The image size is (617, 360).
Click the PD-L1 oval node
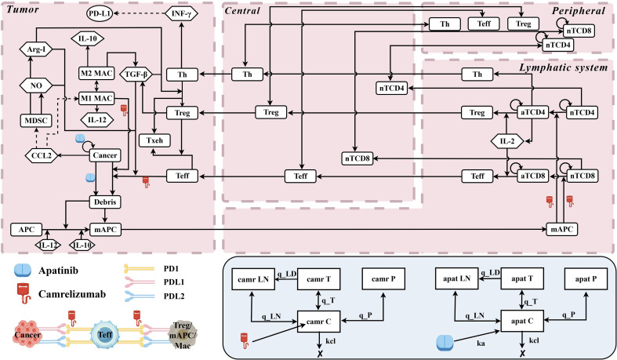pyautogui.click(x=99, y=14)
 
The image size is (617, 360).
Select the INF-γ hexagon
pyautogui.click(x=181, y=14)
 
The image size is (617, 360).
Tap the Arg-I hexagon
pyautogui.click(x=36, y=50)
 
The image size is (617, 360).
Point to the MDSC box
pyautogui.click(x=36, y=121)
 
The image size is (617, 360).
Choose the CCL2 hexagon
pyautogui.click(x=42, y=155)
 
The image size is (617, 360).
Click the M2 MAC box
pyautogui.click(x=96, y=73)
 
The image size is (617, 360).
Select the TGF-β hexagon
pyautogui.click(x=136, y=75)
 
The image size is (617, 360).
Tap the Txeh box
pyautogui.click(x=154, y=140)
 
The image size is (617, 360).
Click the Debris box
pyautogui.click(x=105, y=202)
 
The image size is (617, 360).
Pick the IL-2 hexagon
pyautogui.click(x=507, y=141)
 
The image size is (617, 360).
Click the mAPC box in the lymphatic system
pyautogui.click(x=562, y=229)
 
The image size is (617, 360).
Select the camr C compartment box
pyautogui.click(x=319, y=322)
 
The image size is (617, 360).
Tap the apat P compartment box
pyautogui.click(x=586, y=279)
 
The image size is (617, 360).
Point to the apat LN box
pyautogui.click(x=456, y=279)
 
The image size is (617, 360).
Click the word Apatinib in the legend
pyautogui.click(x=58, y=271)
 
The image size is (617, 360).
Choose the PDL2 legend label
pyautogui.click(x=174, y=296)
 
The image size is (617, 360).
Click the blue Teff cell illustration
pyautogui.click(x=105, y=334)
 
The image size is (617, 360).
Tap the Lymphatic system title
pyautogui.click(x=564, y=67)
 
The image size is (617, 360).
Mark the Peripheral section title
pyautogui.click(x=579, y=11)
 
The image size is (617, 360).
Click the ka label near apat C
pyautogui.click(x=481, y=344)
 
